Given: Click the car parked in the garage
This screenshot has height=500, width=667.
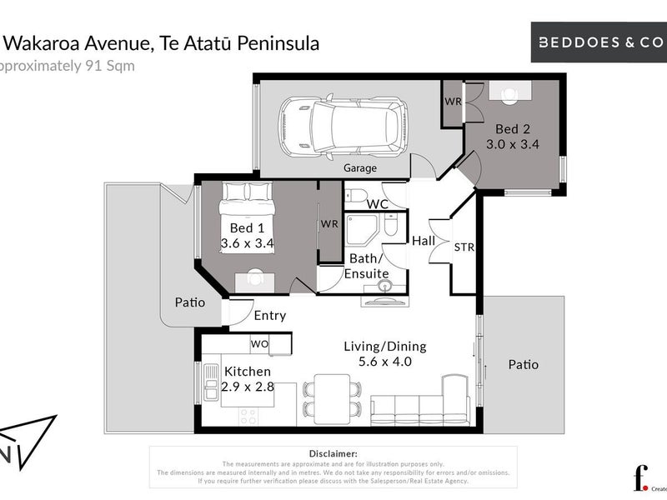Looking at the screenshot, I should (343, 127).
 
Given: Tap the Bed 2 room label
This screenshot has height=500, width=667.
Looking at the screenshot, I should (512, 129).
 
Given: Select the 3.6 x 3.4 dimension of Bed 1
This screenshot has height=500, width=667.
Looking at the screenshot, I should (248, 243).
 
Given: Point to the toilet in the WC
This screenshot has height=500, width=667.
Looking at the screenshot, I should (356, 197).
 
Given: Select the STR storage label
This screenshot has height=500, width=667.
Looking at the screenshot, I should (464, 247).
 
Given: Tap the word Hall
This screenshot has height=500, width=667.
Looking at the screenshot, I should (424, 240).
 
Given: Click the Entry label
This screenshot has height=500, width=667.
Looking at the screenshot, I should (269, 315).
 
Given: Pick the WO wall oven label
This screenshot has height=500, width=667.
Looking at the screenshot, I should (259, 343).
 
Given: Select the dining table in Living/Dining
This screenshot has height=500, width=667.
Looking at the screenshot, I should (332, 397).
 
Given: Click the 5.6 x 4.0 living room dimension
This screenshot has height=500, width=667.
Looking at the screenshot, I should (385, 362).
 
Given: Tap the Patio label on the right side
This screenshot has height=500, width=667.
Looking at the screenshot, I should (524, 364).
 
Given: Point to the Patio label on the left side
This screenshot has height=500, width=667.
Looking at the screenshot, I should (190, 302).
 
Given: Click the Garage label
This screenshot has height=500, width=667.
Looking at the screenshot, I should (361, 167).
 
